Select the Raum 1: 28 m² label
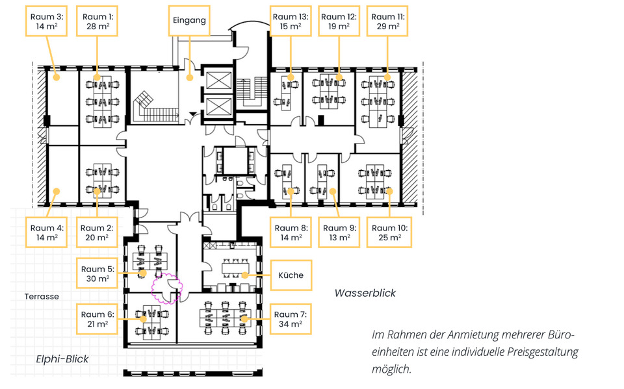pyautogui.click(x=97, y=22)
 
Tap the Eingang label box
pyautogui.click(x=189, y=20)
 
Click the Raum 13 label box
pyautogui.click(x=291, y=22)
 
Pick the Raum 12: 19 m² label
pyautogui.click(x=339, y=22)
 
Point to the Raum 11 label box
pyautogui.click(x=387, y=22)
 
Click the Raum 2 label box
pyautogui.click(x=97, y=232)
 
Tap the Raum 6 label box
pyautogui.click(x=97, y=319)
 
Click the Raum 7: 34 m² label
pyautogui.click(x=291, y=319)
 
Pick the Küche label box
pyautogui.click(x=291, y=275)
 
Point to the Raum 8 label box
pyautogui.click(x=291, y=232)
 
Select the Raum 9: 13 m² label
pyautogui.click(x=339, y=232)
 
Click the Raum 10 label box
pyautogui.click(x=389, y=232)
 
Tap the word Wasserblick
pyautogui.click(x=365, y=293)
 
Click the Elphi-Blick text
pyautogui.click(x=62, y=359)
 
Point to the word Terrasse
pyautogui.click(x=42, y=296)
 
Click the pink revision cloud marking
pyautogui.click(x=164, y=285)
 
